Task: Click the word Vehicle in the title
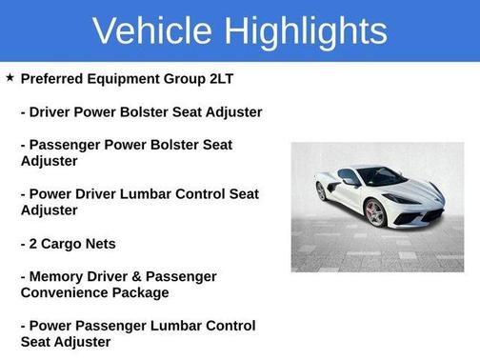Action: click(x=153, y=30)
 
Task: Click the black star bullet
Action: click(x=10, y=77)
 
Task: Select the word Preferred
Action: click(x=54, y=78)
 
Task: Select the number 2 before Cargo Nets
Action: click(x=34, y=243)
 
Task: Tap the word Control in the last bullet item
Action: click(x=224, y=326)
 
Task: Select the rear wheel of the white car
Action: click(x=321, y=190)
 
